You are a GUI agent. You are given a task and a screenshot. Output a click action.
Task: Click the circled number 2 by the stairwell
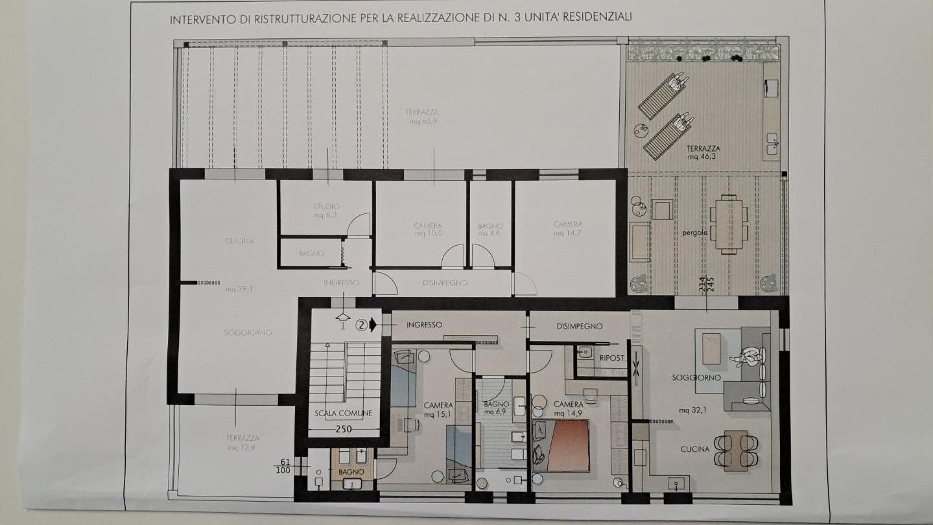[362, 325]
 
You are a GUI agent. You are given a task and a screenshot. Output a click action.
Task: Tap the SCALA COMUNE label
[343, 414]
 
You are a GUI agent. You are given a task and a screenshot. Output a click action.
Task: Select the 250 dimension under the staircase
[344, 428]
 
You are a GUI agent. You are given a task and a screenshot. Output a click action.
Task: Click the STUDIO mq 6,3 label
[326, 211]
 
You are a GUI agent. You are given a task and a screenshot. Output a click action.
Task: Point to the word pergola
[694, 232]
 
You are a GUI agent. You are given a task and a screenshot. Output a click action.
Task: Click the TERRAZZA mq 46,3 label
[703, 152]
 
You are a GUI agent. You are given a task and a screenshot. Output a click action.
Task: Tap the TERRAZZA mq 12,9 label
[243, 443]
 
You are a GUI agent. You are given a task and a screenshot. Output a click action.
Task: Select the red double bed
[561, 445]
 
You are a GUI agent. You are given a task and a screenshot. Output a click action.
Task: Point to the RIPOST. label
[613, 358]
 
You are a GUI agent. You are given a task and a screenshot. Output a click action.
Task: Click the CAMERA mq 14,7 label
[567, 229]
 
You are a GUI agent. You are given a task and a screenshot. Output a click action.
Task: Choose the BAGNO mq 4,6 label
[490, 229]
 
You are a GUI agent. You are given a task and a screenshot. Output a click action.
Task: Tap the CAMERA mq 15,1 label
[438, 410]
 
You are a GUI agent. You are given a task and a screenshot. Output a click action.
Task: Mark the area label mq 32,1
[692, 410]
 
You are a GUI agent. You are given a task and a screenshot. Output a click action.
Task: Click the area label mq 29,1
[239, 289]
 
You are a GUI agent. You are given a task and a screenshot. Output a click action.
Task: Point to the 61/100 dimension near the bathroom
[284, 465]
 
